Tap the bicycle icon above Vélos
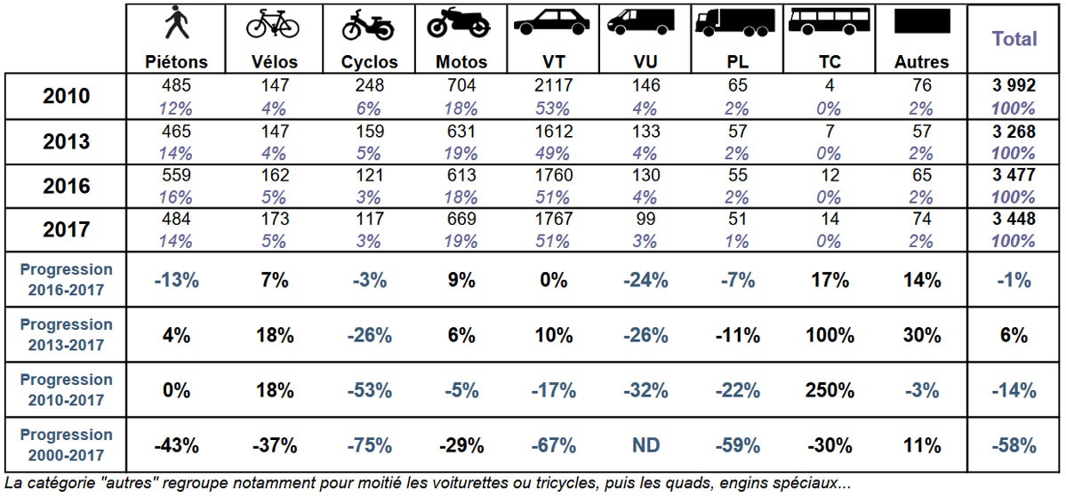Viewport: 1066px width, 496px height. [x=273, y=25]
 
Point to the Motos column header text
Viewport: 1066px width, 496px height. [x=461, y=62]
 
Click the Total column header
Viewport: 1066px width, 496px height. [x=1014, y=39]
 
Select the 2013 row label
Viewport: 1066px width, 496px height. [x=66, y=142]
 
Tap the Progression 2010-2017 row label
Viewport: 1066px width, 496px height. [x=66, y=389]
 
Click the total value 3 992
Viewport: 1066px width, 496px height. [x=1014, y=86]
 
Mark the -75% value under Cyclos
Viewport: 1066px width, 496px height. [x=369, y=445]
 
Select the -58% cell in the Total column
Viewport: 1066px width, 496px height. [x=1014, y=445]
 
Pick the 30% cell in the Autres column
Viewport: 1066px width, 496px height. [x=922, y=335]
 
